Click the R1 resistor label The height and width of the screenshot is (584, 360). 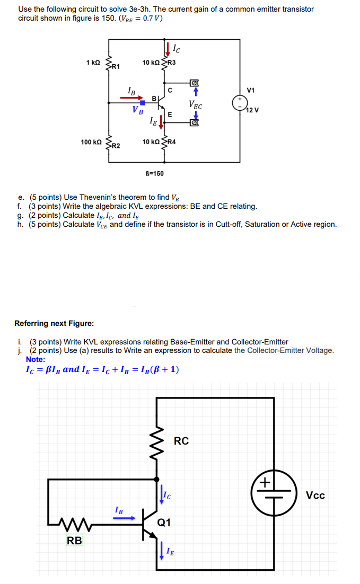(116, 67)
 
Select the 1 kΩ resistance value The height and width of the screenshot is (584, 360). (93, 63)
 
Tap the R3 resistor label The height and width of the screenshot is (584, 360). (171, 63)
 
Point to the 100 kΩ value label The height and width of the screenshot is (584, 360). (91, 142)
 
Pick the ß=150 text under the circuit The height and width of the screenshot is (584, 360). (154, 173)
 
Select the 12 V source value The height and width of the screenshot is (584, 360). (253, 110)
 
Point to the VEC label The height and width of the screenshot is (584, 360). (196, 104)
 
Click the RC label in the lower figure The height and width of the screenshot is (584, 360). (181, 441)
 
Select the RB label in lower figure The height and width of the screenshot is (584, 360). (74, 541)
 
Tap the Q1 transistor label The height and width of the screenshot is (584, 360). (164, 523)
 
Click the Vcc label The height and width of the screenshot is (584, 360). (315, 495)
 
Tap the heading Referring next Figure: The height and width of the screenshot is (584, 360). (54, 323)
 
